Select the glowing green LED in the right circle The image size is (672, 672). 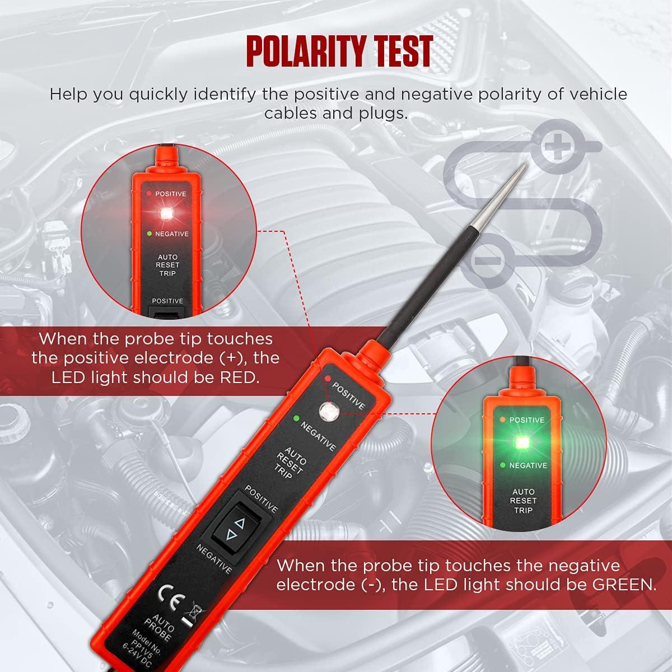[x=522, y=442]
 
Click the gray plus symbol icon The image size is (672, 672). [x=557, y=147]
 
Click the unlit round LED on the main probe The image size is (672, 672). [x=326, y=412]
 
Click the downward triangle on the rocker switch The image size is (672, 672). [x=230, y=536]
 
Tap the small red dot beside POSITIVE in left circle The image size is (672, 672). [x=149, y=193]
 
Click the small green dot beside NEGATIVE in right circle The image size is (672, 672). [x=502, y=465]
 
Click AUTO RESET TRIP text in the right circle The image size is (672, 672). [x=523, y=501]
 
